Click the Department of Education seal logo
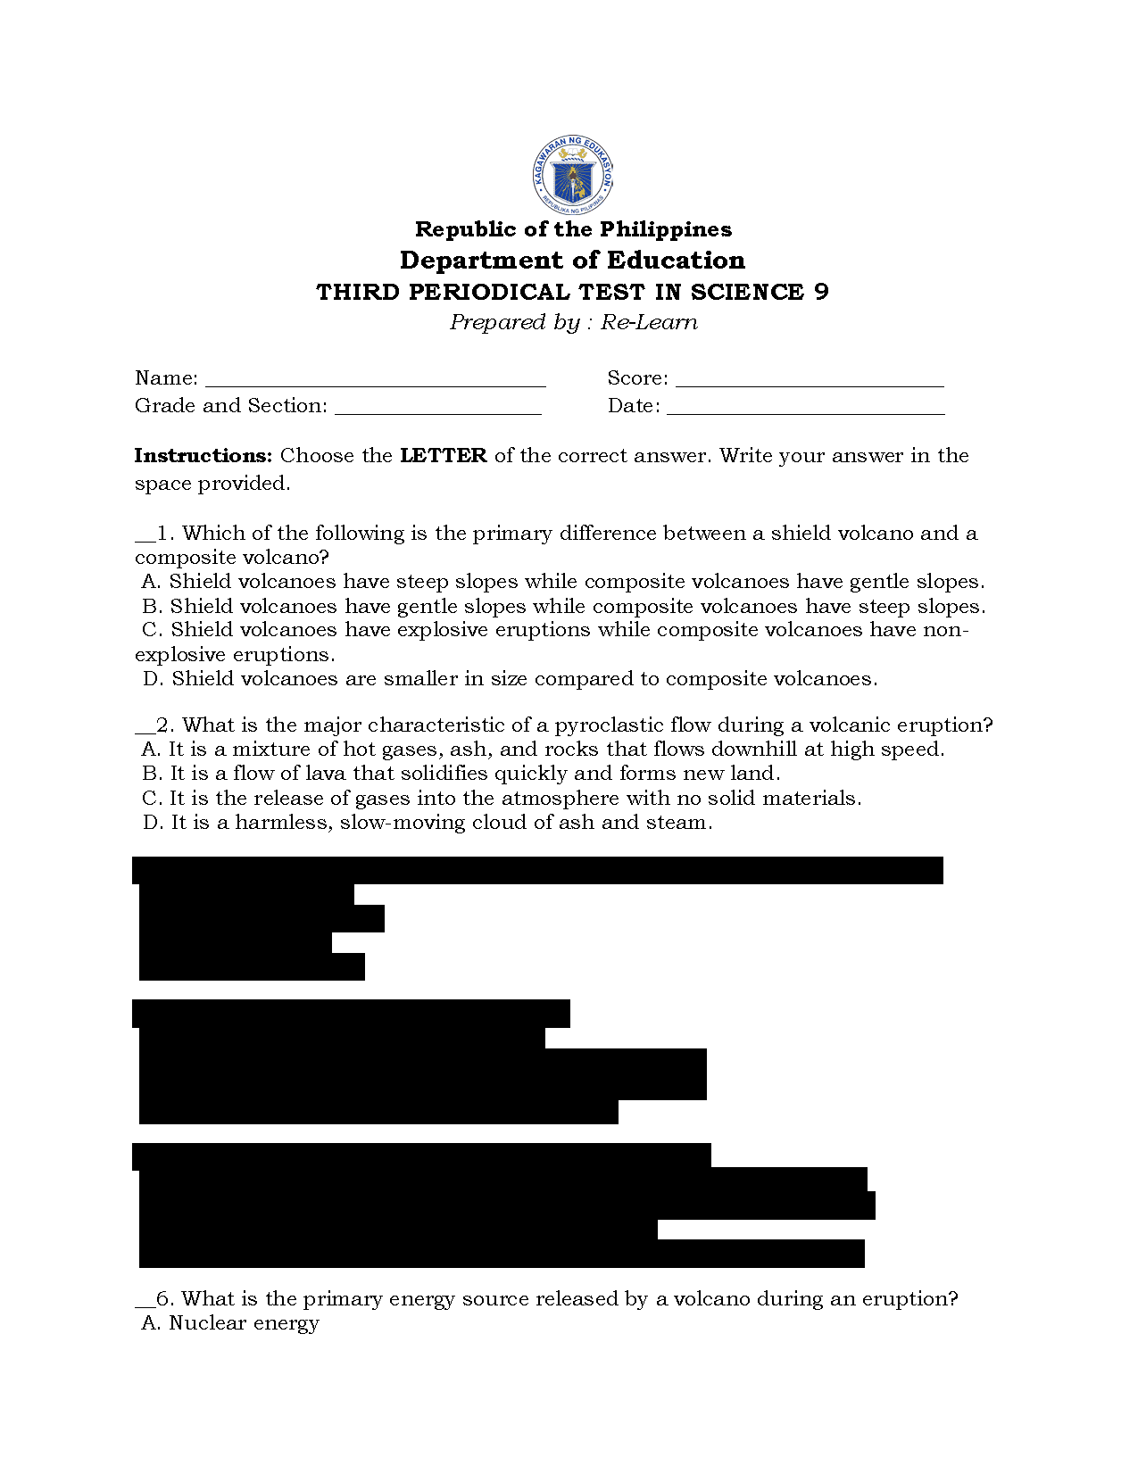tap(572, 176)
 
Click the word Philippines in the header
tap(665, 229)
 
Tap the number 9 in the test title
tap(821, 292)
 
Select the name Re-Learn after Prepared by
tap(649, 322)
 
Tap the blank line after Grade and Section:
tap(437, 410)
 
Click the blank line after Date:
tap(805, 410)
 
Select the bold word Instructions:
tap(203, 456)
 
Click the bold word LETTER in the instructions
tap(443, 456)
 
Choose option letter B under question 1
tap(151, 607)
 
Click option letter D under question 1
tap(152, 679)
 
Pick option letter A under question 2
tap(150, 750)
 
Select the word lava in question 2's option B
tap(325, 774)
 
